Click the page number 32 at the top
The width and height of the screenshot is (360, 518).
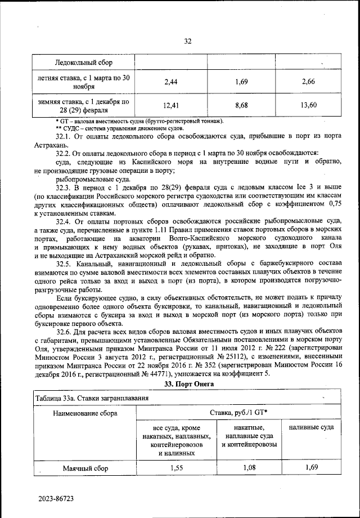tap(188, 41)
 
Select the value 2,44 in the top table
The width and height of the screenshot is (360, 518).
tap(171, 82)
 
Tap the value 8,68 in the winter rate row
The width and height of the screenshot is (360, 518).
tap(242, 105)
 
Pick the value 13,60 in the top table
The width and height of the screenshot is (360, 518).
tap(309, 105)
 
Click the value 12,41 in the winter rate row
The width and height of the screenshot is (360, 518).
tap(171, 105)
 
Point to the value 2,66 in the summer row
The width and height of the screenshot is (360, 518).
tap(309, 82)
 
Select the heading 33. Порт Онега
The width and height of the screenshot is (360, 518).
tap(187, 384)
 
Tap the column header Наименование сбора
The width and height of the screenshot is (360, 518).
tap(85, 413)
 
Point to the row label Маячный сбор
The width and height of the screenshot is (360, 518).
tap(85, 468)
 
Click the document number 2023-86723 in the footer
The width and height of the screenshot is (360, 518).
tap(56, 499)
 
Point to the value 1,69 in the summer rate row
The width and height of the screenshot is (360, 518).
tap(242, 82)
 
